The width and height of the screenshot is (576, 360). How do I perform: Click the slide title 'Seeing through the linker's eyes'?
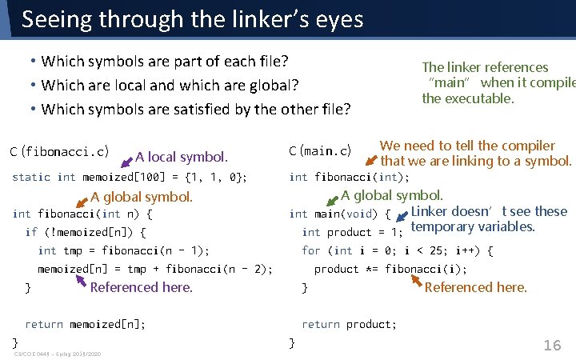[x=192, y=19]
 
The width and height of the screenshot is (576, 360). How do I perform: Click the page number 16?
[x=552, y=346]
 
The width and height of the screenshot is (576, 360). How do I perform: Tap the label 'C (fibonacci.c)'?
[x=59, y=151]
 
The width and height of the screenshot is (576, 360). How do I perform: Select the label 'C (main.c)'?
[x=320, y=151]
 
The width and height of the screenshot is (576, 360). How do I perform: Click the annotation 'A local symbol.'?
[x=182, y=157]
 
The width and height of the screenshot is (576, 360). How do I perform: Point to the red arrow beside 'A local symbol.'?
[x=126, y=162]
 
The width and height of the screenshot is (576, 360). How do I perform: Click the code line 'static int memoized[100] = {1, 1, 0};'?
[x=130, y=177]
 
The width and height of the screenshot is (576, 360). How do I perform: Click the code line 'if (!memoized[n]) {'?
[x=86, y=232]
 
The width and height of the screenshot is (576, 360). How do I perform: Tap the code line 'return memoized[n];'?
[x=86, y=324]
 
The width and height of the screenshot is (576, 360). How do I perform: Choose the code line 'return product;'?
[x=349, y=324]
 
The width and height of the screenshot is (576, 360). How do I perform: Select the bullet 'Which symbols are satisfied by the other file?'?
[x=196, y=108]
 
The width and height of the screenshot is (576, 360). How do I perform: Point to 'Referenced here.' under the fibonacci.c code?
[x=142, y=287]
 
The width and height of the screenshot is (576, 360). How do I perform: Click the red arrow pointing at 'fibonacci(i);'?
[x=416, y=280]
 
